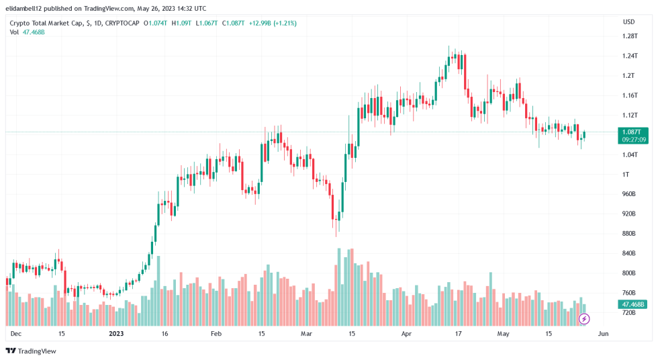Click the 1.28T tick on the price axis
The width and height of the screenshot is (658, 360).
tap(629, 36)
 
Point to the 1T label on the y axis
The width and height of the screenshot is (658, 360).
tap(625, 175)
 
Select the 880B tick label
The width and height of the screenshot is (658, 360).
tap(628, 234)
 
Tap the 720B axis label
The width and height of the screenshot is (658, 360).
tap(628, 313)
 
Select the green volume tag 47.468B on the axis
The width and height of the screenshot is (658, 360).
tap(634, 304)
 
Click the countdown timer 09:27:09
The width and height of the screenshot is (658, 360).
tap(634, 140)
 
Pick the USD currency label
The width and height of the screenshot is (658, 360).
tap(628, 21)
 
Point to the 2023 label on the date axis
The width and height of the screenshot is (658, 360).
tap(116, 333)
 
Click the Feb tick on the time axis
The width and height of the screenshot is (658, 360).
tap(216, 333)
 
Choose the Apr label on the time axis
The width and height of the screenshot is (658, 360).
tap(406, 333)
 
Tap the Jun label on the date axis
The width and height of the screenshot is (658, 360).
tap(603, 333)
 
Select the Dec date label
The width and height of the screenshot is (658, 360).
tap(15, 333)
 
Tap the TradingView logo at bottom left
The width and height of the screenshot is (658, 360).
tap(31, 351)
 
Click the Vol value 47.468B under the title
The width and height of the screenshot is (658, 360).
tap(34, 32)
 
